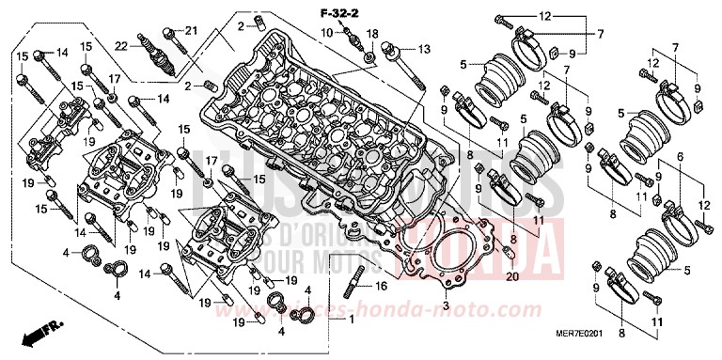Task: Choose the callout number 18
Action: (x=373, y=35)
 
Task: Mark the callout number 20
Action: (x=512, y=278)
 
